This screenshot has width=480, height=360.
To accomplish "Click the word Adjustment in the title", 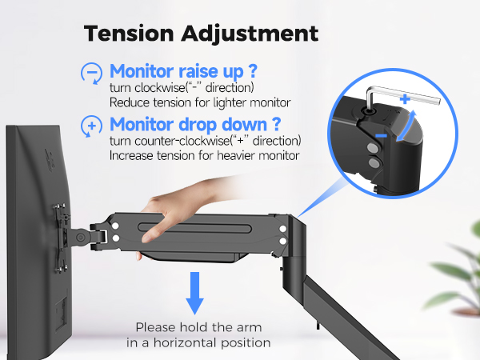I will tap(255, 34).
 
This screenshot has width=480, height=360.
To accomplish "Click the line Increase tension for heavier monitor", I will tap(204, 155).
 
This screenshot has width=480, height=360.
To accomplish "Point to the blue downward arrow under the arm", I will tap(194, 293).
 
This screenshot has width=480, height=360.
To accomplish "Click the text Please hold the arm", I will tap(203, 326).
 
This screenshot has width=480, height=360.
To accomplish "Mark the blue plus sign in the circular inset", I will tap(406, 100).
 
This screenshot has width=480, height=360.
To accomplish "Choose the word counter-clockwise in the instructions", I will tap(174, 142).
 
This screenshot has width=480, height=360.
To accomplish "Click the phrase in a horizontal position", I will tap(198, 342).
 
